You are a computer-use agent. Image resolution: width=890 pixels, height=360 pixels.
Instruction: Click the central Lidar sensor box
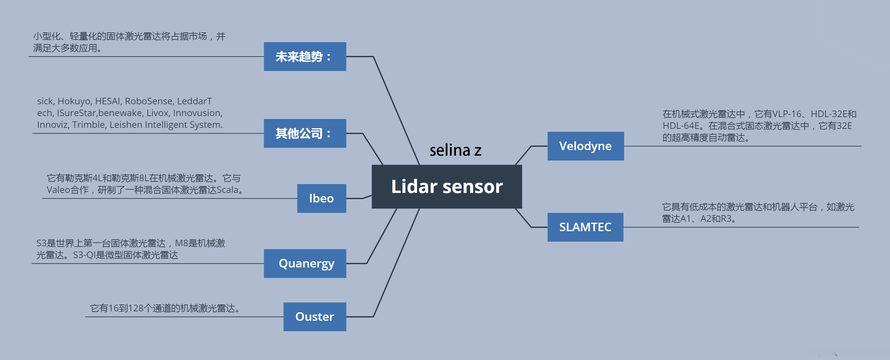click(446, 187)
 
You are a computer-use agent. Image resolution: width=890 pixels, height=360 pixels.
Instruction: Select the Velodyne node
click(585, 146)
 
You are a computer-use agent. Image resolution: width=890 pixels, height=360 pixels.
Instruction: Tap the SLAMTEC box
click(585, 227)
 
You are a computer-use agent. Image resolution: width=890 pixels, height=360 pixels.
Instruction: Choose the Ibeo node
click(321, 198)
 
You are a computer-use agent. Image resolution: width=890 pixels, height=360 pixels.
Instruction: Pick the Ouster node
click(314, 317)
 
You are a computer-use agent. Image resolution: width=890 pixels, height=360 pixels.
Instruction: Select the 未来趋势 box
click(305, 57)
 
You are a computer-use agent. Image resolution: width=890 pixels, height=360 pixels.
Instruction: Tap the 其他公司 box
click(305, 133)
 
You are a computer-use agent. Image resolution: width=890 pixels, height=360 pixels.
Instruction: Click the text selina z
click(455, 150)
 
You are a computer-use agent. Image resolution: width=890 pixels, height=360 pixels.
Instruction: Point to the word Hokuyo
click(74, 101)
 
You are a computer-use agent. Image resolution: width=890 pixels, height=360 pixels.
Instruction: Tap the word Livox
click(157, 113)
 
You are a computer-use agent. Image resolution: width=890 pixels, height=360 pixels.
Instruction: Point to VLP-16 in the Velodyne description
click(787, 114)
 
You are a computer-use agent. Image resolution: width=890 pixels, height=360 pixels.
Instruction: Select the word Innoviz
click(52, 125)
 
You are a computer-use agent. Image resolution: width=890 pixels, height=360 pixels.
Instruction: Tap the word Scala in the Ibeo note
click(227, 190)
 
